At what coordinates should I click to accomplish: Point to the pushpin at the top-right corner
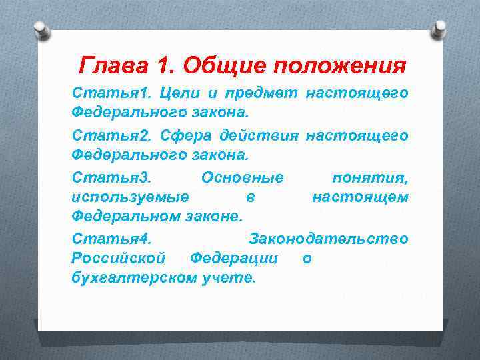[439, 28]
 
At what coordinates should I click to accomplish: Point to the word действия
[260, 136]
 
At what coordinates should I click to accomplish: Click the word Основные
[242, 177]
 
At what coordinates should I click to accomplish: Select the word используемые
[129, 197]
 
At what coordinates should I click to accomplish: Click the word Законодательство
[329, 238]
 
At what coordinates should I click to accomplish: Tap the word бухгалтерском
[134, 277]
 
